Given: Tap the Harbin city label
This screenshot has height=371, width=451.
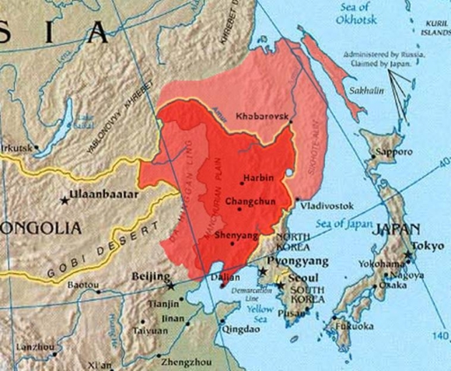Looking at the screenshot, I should (x=258, y=179).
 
